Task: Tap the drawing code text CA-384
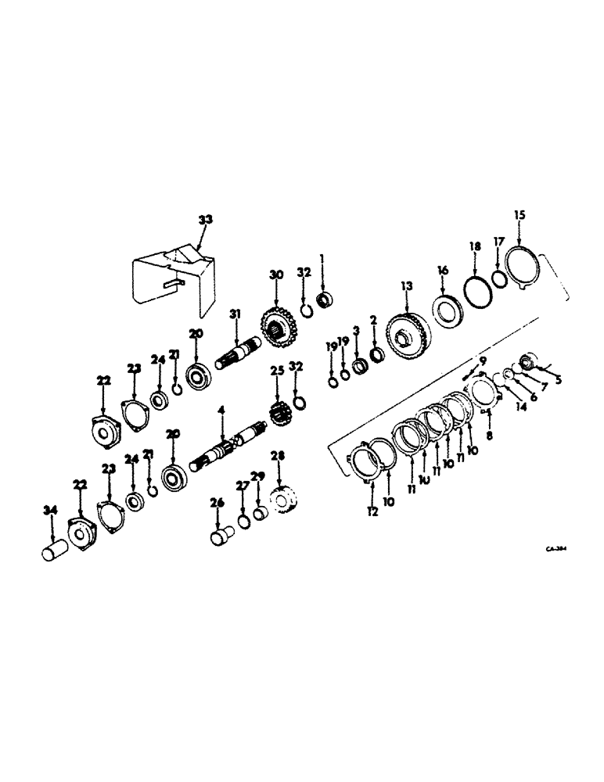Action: [555, 549]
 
